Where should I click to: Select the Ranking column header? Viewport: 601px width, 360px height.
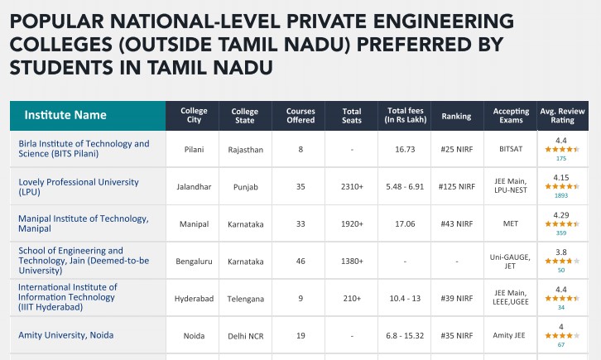(456, 116)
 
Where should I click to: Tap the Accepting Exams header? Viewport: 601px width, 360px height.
(511, 116)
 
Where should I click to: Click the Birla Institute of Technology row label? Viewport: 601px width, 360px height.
(84, 149)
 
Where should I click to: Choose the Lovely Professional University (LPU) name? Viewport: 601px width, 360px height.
(79, 186)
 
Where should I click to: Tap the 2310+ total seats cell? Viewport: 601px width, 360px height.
(352, 187)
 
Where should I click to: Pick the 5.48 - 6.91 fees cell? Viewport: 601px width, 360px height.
(405, 187)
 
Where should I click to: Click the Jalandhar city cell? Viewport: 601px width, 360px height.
(195, 187)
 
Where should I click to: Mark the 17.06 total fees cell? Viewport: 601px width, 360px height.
(405, 224)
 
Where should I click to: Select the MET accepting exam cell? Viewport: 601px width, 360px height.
(511, 224)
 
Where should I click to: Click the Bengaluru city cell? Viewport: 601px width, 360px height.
(195, 262)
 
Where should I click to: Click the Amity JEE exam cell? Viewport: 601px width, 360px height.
(511, 336)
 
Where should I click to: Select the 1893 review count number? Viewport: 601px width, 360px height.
(561, 196)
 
